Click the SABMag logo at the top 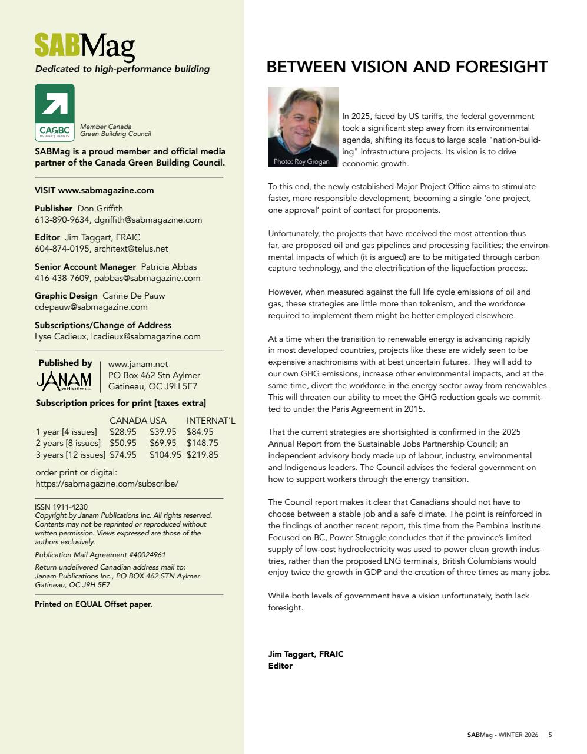(85, 46)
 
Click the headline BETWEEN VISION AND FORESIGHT (407, 67)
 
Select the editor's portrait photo (303, 127)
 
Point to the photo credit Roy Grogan (301, 161)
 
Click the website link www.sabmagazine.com (106, 190)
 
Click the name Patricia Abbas (169, 267)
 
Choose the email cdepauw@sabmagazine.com (91, 307)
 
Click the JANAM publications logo (64, 381)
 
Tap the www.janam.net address (138, 364)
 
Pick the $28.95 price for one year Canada (123, 432)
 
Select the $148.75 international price (202, 443)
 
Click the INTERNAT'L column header (211, 421)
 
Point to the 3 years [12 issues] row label (71, 455)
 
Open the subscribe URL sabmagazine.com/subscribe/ (107, 484)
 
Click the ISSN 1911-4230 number (61, 507)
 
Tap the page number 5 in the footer (550, 735)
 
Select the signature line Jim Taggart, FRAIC (306, 654)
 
